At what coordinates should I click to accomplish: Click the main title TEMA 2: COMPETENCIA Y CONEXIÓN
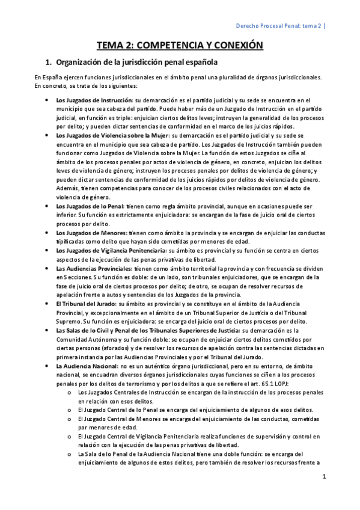click(180, 45)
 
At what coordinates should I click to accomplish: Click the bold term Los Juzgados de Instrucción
click(94, 99)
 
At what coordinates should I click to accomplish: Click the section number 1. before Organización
click(50, 62)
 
